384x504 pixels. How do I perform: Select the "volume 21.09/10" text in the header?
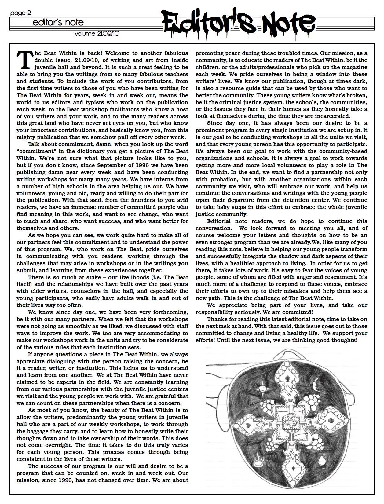(x=97, y=34)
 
